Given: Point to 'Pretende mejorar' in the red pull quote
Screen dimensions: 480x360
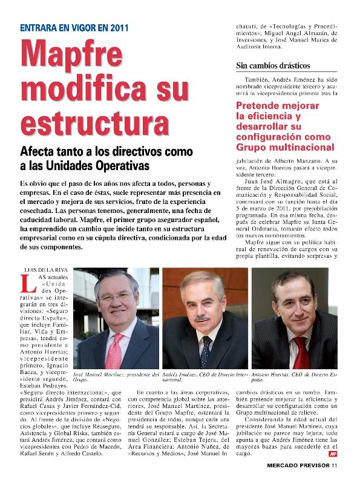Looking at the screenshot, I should click(274, 104).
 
